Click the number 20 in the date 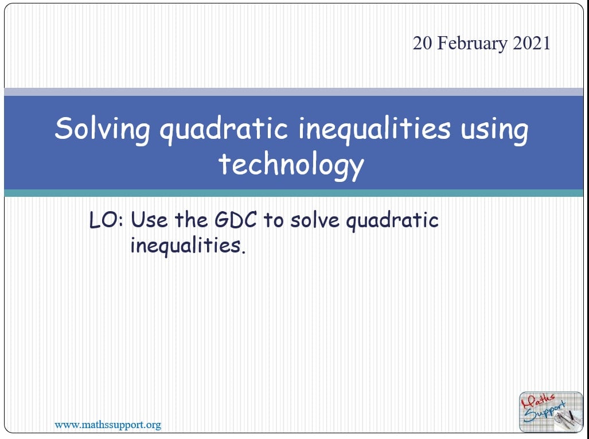click(x=423, y=43)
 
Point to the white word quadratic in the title click(x=224, y=130)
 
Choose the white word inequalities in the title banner click(x=375, y=130)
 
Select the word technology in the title click(x=291, y=165)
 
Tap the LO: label click(x=106, y=220)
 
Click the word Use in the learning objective click(x=149, y=220)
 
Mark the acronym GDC click(x=236, y=220)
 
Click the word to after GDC click(x=273, y=220)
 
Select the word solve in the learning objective click(x=315, y=220)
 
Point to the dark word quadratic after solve click(x=392, y=221)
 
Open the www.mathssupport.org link click(x=108, y=425)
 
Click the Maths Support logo click(x=551, y=412)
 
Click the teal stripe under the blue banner click(x=294, y=193)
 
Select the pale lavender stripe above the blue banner click(x=294, y=92)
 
